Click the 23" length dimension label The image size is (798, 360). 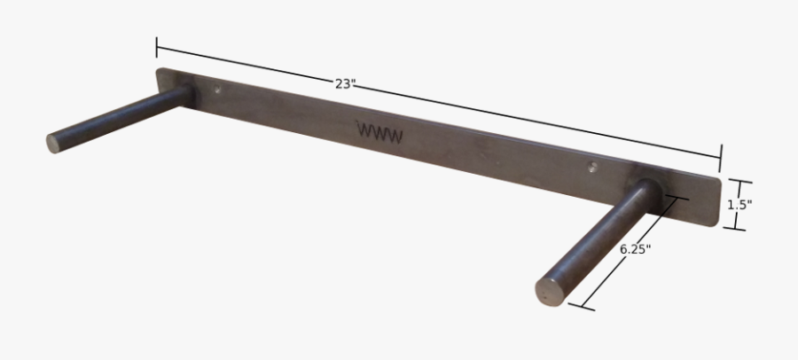click(344, 83)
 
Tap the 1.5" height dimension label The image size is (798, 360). click(739, 205)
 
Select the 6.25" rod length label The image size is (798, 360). click(635, 249)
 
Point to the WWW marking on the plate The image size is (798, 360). click(380, 133)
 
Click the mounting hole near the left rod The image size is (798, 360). click(217, 90)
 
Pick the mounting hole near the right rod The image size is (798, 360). click(593, 166)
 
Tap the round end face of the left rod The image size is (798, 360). click(53, 144)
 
